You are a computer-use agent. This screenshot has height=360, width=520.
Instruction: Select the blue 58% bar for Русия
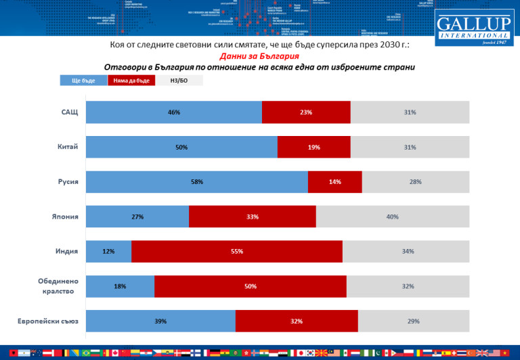tap(196, 182)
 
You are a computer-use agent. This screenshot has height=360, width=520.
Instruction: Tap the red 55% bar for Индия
tap(237, 252)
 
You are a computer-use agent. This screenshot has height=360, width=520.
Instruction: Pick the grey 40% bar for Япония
tap(392, 217)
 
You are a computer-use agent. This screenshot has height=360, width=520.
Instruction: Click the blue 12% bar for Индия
tap(108, 252)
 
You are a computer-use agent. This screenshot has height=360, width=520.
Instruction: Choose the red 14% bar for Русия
tap(334, 182)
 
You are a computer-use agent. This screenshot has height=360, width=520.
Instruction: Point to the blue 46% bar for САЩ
tap(173, 112)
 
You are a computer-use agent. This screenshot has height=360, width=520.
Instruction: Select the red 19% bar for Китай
tap(313, 147)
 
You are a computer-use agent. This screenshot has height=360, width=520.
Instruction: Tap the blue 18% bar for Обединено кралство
tap(120, 286)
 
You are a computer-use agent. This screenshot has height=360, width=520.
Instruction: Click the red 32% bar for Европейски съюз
tap(297, 321)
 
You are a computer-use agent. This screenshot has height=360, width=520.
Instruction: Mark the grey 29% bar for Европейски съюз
tap(413, 321)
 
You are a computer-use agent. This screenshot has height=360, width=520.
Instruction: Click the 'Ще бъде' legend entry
tap(83, 81)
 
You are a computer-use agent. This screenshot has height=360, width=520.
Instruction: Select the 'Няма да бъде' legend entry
tap(131, 81)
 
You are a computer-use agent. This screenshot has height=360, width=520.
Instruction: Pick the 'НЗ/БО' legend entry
tap(179, 81)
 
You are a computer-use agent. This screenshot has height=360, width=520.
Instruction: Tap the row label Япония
tap(66, 217)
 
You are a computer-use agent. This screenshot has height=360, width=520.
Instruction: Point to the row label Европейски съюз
tap(49, 321)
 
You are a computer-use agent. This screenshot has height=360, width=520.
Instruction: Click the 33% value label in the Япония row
tap(253, 217)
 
